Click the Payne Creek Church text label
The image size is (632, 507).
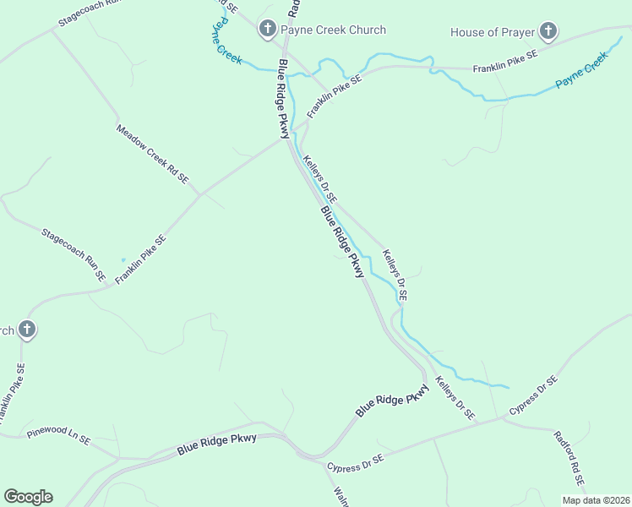tap(333, 30)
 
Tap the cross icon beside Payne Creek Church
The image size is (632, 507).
tap(267, 30)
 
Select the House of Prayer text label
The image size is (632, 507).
tap(493, 33)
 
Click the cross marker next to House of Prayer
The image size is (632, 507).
tap(548, 33)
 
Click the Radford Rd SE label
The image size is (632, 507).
tap(569, 460)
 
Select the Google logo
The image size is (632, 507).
tap(28, 497)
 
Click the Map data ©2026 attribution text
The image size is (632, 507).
tap(596, 500)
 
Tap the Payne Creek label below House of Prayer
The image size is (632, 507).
tap(581, 74)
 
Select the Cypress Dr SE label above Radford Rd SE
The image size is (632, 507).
tap(533, 395)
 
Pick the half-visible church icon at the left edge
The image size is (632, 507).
tap(26, 330)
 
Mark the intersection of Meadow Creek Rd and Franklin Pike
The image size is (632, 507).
tap(199, 195)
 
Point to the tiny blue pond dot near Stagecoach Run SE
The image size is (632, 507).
tap(123, 259)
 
